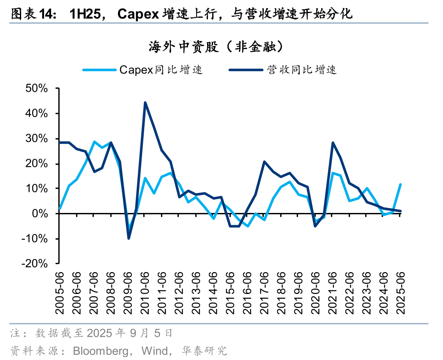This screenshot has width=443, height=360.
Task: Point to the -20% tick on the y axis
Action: [x=36, y=264]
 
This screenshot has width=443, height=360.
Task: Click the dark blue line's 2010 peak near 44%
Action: [x=145, y=102]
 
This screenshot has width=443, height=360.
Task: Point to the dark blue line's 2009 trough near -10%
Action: [x=129, y=238]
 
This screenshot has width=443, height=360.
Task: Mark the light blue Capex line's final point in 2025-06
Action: [x=400, y=184]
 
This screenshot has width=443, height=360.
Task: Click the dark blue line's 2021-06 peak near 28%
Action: [x=333, y=143]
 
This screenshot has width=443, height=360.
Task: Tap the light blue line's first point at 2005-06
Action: [x=60, y=209]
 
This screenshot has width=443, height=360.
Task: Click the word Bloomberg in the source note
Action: [x=101, y=350]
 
